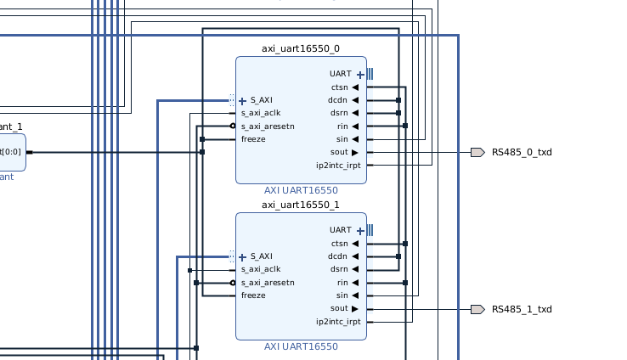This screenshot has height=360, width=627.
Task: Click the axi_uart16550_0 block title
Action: pos(300,48)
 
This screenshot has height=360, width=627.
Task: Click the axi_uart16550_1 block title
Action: pos(300,205)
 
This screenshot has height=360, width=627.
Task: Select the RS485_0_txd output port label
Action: pos(521,153)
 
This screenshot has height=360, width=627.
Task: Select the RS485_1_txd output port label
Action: pos(521,309)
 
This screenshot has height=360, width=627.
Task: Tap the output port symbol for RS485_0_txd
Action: pos(477,153)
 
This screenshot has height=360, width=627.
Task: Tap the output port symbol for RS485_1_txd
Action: pos(477,309)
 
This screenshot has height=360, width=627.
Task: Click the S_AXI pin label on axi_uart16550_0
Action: pos(261,100)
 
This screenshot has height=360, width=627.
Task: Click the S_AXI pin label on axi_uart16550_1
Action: pos(261,256)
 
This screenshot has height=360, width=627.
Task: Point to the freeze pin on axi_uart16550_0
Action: pos(253,139)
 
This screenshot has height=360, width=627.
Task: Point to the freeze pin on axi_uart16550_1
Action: pos(253,295)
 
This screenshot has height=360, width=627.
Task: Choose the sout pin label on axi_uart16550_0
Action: pos(339,152)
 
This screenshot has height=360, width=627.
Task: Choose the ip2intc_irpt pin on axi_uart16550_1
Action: pos(338,322)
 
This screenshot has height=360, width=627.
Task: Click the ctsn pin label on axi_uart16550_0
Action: pos(339,87)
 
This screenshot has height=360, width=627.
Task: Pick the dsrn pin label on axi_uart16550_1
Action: pos(339,269)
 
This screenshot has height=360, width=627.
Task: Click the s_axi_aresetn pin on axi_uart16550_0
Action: pos(267,127)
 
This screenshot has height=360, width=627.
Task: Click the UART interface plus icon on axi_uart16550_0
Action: pos(360,75)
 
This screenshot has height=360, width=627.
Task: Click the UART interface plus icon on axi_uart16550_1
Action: pos(360,230)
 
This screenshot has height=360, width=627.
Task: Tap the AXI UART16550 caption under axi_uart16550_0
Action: pos(300,190)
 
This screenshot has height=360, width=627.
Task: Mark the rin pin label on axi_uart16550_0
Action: pos(342,127)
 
